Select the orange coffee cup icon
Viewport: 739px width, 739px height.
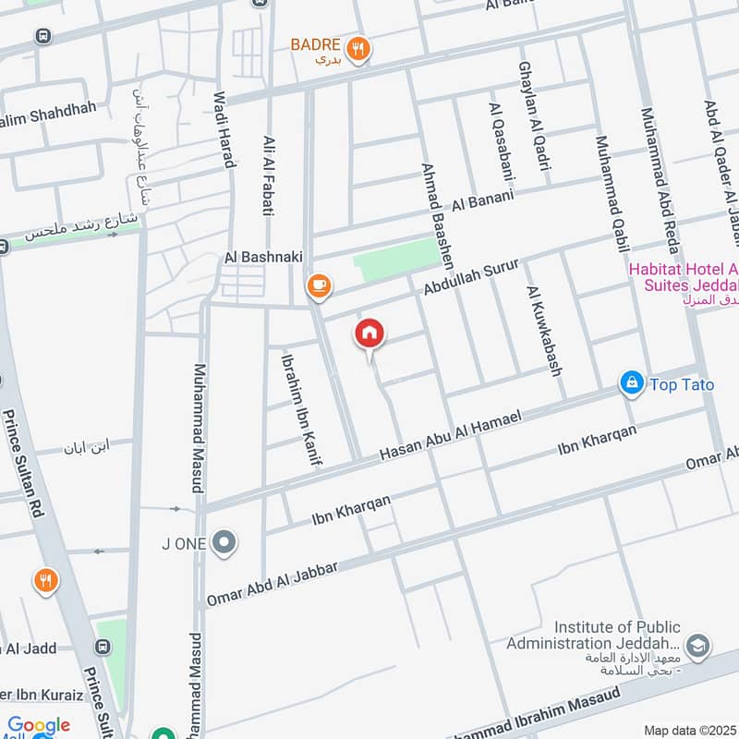(x=320, y=286)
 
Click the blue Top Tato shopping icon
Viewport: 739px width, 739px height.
(x=632, y=383)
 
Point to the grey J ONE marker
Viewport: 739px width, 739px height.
(x=224, y=543)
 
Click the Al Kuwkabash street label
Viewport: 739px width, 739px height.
(x=545, y=331)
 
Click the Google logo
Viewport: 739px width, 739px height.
(x=39, y=726)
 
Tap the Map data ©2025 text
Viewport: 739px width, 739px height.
(x=689, y=730)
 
